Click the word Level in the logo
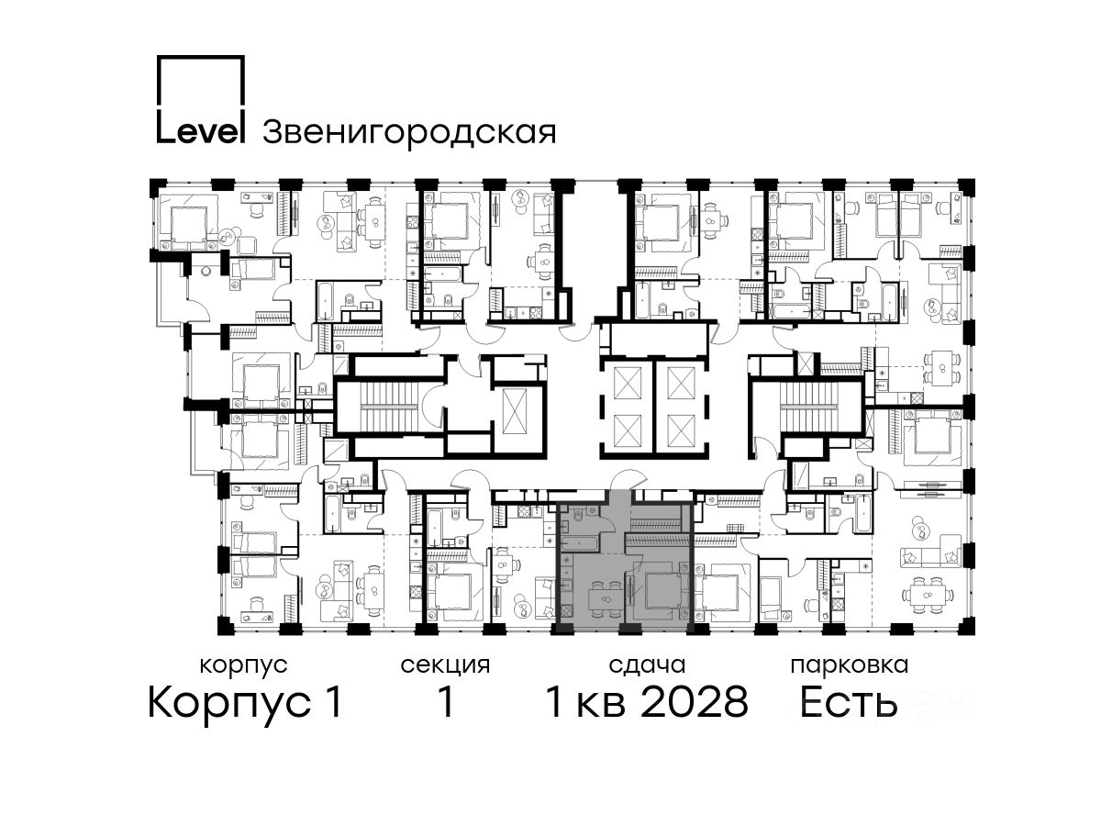200,132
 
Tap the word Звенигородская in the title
409,133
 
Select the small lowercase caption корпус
243,666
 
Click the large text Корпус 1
245,703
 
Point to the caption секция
445,666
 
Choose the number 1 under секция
445,702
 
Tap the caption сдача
647,666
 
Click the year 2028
695,702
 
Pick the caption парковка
850,666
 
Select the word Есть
848,702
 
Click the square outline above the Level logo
200,57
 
